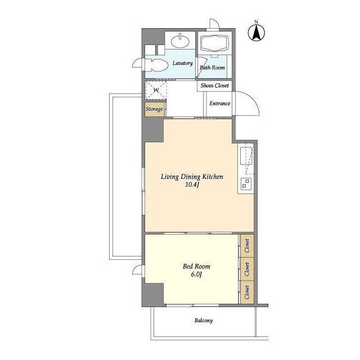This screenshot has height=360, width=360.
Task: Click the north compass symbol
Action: click(256, 32)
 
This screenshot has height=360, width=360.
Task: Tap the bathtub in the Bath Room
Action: click(215, 43)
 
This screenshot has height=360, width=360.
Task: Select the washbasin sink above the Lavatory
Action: click(181, 41)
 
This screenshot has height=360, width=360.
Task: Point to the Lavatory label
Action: click(182, 63)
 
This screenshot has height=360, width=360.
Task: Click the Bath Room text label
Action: click(212, 67)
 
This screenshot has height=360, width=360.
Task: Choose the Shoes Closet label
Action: click(215, 85)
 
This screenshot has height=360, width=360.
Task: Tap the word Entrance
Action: click(220, 103)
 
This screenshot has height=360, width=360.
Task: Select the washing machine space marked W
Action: click(156, 90)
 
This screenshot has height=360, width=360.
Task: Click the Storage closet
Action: click(155, 109)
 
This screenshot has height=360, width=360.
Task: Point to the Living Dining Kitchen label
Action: click(192, 177)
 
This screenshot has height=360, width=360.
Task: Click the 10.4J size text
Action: click(192, 184)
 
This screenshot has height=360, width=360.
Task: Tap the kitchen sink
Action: click(246, 156)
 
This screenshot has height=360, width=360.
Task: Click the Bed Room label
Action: click(196, 266)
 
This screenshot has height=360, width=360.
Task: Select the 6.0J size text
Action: click(196, 274)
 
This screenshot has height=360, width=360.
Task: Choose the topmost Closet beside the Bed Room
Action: click(247, 246)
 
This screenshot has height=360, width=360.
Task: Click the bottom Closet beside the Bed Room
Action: click(247, 292)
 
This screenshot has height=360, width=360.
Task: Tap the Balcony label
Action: click(204, 321)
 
